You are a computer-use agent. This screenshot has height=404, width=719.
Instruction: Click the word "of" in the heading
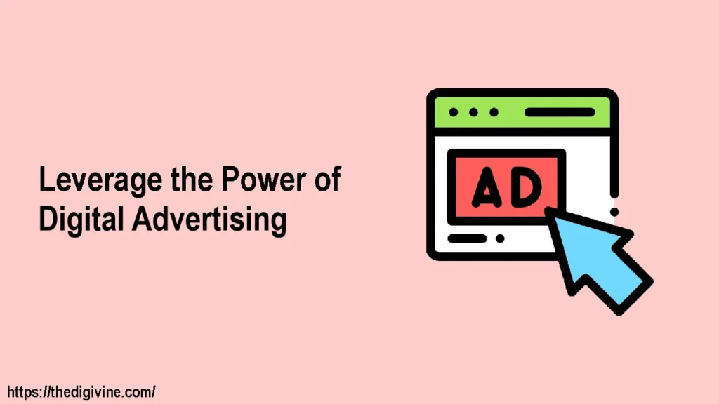(x=327, y=180)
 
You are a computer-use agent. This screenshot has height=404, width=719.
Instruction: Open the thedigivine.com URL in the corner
(x=81, y=391)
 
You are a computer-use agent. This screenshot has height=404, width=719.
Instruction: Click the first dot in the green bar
(x=453, y=112)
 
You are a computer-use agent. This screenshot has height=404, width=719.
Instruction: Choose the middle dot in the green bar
(x=473, y=112)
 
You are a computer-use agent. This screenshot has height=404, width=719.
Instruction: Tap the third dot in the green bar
(x=494, y=112)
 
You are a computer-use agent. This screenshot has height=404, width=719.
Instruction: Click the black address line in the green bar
(x=560, y=112)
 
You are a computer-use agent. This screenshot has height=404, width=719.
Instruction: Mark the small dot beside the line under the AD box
(x=500, y=239)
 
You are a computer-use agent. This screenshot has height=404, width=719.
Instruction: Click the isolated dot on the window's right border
(x=614, y=211)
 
